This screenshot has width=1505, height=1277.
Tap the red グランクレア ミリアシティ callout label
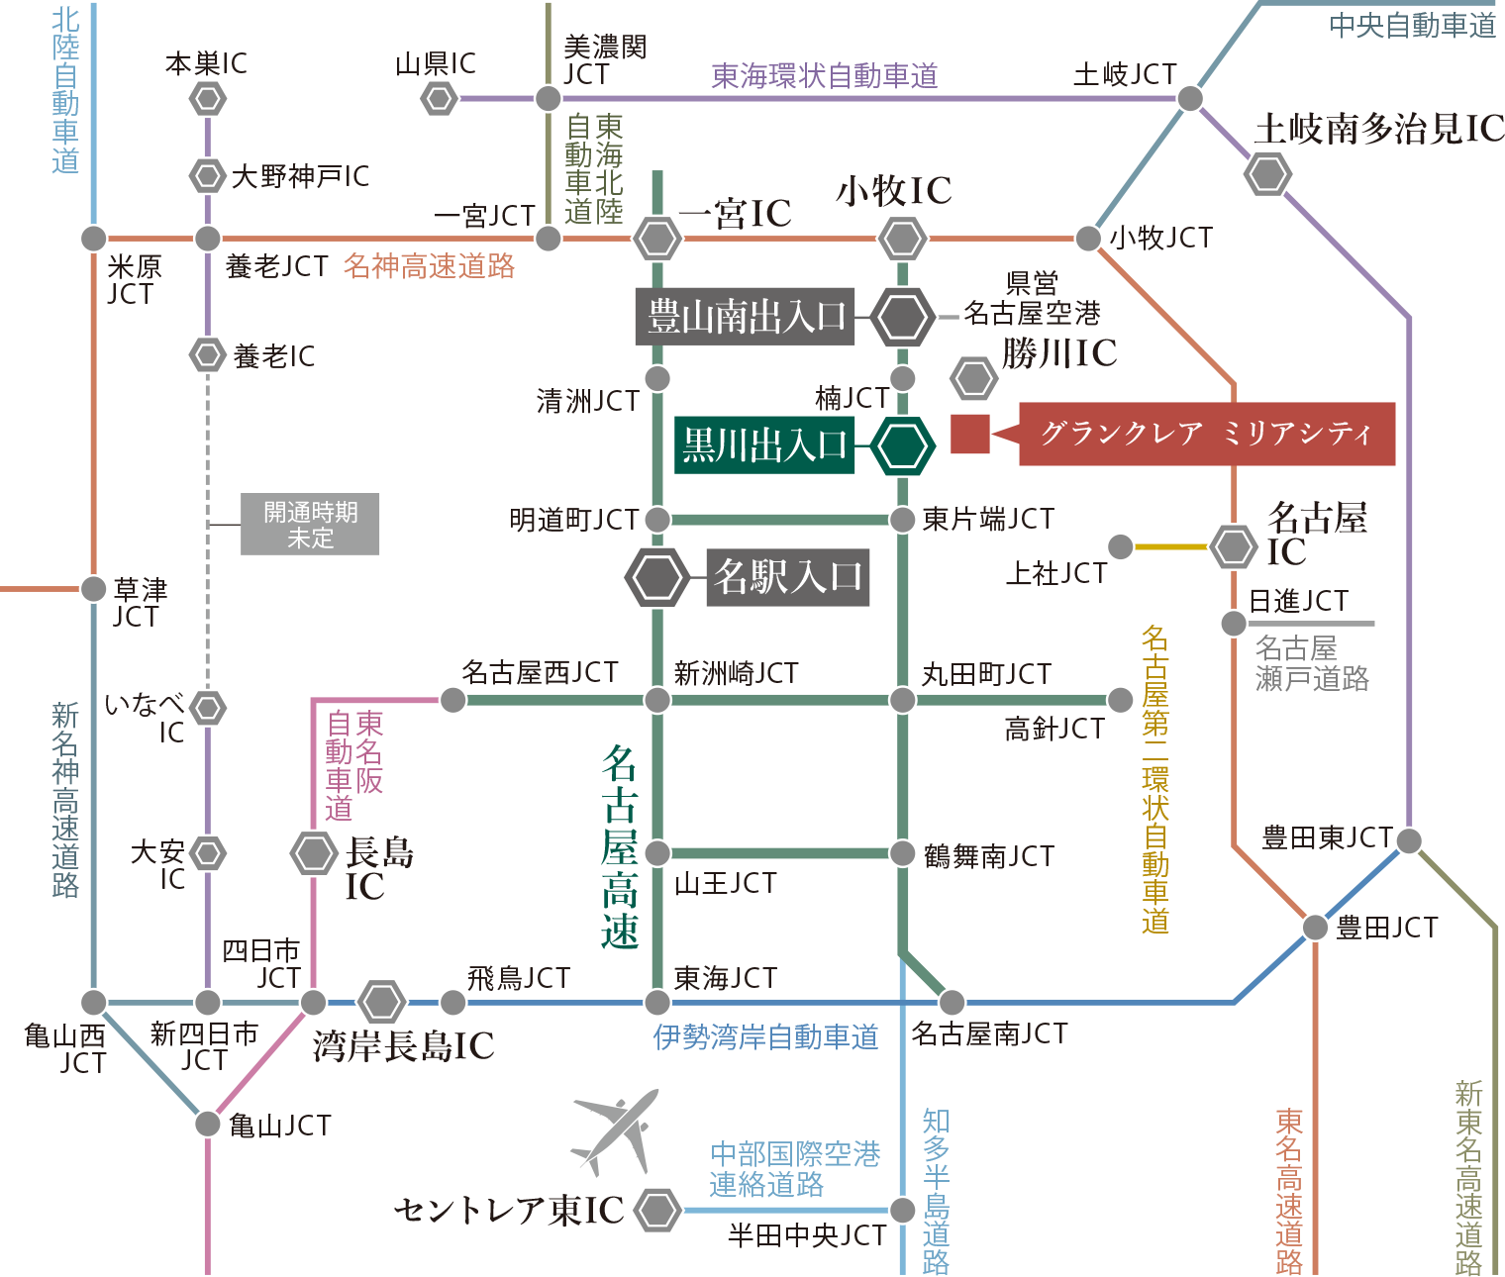(1206, 434)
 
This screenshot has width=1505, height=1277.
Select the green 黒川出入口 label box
(764, 445)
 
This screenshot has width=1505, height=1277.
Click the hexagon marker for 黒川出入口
(902, 445)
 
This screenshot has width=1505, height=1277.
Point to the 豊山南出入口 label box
(745, 317)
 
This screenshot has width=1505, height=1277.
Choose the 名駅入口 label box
(787, 577)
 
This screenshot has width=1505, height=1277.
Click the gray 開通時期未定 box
(310, 525)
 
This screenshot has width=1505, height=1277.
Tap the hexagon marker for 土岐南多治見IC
(1267, 174)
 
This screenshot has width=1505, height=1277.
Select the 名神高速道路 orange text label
(429, 266)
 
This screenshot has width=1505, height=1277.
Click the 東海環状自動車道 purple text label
(824, 76)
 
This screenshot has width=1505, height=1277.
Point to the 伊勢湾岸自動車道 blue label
(765, 1036)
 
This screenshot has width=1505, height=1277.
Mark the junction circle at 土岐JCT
(1190, 98)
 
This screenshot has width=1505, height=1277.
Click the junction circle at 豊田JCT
(1315, 928)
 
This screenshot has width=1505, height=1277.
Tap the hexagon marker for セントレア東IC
(657, 1210)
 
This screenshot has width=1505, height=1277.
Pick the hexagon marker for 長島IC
(314, 852)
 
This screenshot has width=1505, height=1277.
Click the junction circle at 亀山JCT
(207, 1123)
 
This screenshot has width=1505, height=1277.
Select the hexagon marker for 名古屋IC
(1234, 546)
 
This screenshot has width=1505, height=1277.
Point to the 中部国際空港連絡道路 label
(794, 1169)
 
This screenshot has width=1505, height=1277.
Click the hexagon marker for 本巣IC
(207, 98)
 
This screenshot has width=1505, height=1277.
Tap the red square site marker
(970, 435)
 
